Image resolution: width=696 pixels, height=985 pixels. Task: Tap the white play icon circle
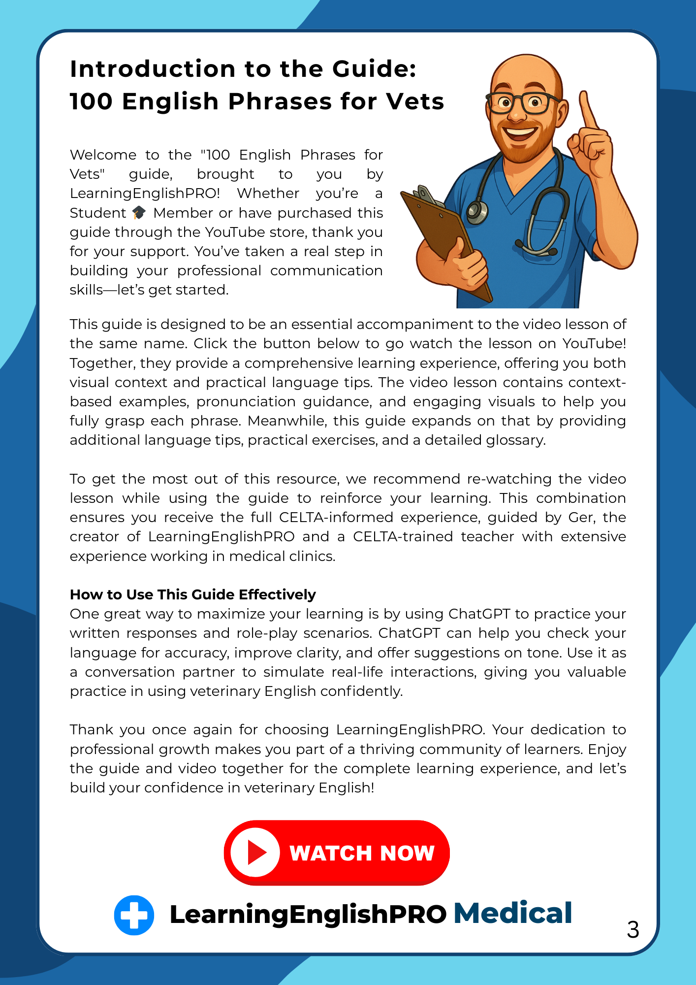click(255, 853)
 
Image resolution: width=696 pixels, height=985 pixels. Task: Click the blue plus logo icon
click(134, 915)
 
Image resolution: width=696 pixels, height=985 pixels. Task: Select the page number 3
click(633, 930)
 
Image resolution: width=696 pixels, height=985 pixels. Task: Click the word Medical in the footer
click(512, 913)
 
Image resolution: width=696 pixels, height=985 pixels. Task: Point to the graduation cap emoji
click(139, 213)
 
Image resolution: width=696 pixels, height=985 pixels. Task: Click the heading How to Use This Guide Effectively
click(192, 594)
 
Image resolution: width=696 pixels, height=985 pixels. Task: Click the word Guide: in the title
click(374, 69)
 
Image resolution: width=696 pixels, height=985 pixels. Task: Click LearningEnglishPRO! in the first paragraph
click(145, 193)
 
